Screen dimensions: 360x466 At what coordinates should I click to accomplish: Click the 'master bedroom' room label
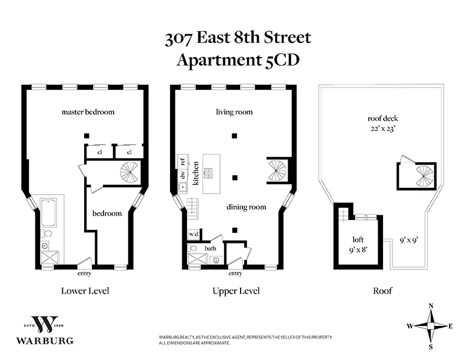(x=88, y=112)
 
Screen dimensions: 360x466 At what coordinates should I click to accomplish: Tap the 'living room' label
(x=234, y=112)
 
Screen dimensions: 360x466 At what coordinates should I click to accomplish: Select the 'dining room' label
(x=247, y=207)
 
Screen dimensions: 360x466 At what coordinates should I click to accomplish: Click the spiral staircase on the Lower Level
(x=129, y=173)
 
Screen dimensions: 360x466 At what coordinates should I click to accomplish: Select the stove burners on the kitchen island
(x=208, y=173)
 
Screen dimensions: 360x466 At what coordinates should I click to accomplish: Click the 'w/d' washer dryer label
(x=194, y=234)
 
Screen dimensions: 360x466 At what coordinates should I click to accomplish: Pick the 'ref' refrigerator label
(x=182, y=161)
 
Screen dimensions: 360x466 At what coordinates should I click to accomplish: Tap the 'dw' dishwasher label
(x=182, y=174)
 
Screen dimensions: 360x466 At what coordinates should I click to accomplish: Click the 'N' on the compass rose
(x=431, y=306)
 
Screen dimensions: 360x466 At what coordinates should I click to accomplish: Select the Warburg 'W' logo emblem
(x=45, y=325)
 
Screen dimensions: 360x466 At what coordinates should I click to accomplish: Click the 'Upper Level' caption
(x=234, y=291)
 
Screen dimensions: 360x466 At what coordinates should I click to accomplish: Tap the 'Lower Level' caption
(x=85, y=291)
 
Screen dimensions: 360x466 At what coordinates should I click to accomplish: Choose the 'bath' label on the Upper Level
(x=211, y=248)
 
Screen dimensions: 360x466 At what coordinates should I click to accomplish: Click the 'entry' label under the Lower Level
(x=85, y=274)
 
